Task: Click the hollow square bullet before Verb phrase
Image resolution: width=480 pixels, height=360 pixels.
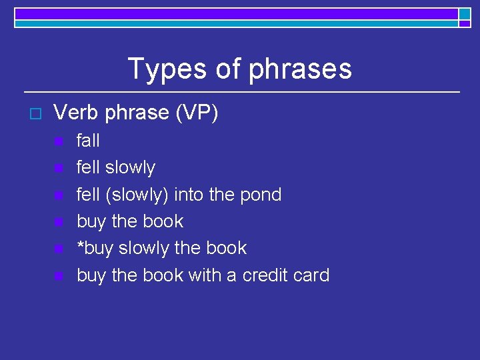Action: click(36, 114)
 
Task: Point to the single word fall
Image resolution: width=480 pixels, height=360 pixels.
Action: click(88, 141)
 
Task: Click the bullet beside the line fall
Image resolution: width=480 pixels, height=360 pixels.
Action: click(59, 141)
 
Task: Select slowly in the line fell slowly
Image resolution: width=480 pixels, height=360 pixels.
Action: click(130, 168)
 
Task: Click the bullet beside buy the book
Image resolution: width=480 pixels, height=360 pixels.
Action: click(59, 222)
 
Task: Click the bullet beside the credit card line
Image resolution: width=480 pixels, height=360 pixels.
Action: click(59, 275)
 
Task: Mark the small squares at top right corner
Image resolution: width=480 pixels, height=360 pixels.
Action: click(465, 17)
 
